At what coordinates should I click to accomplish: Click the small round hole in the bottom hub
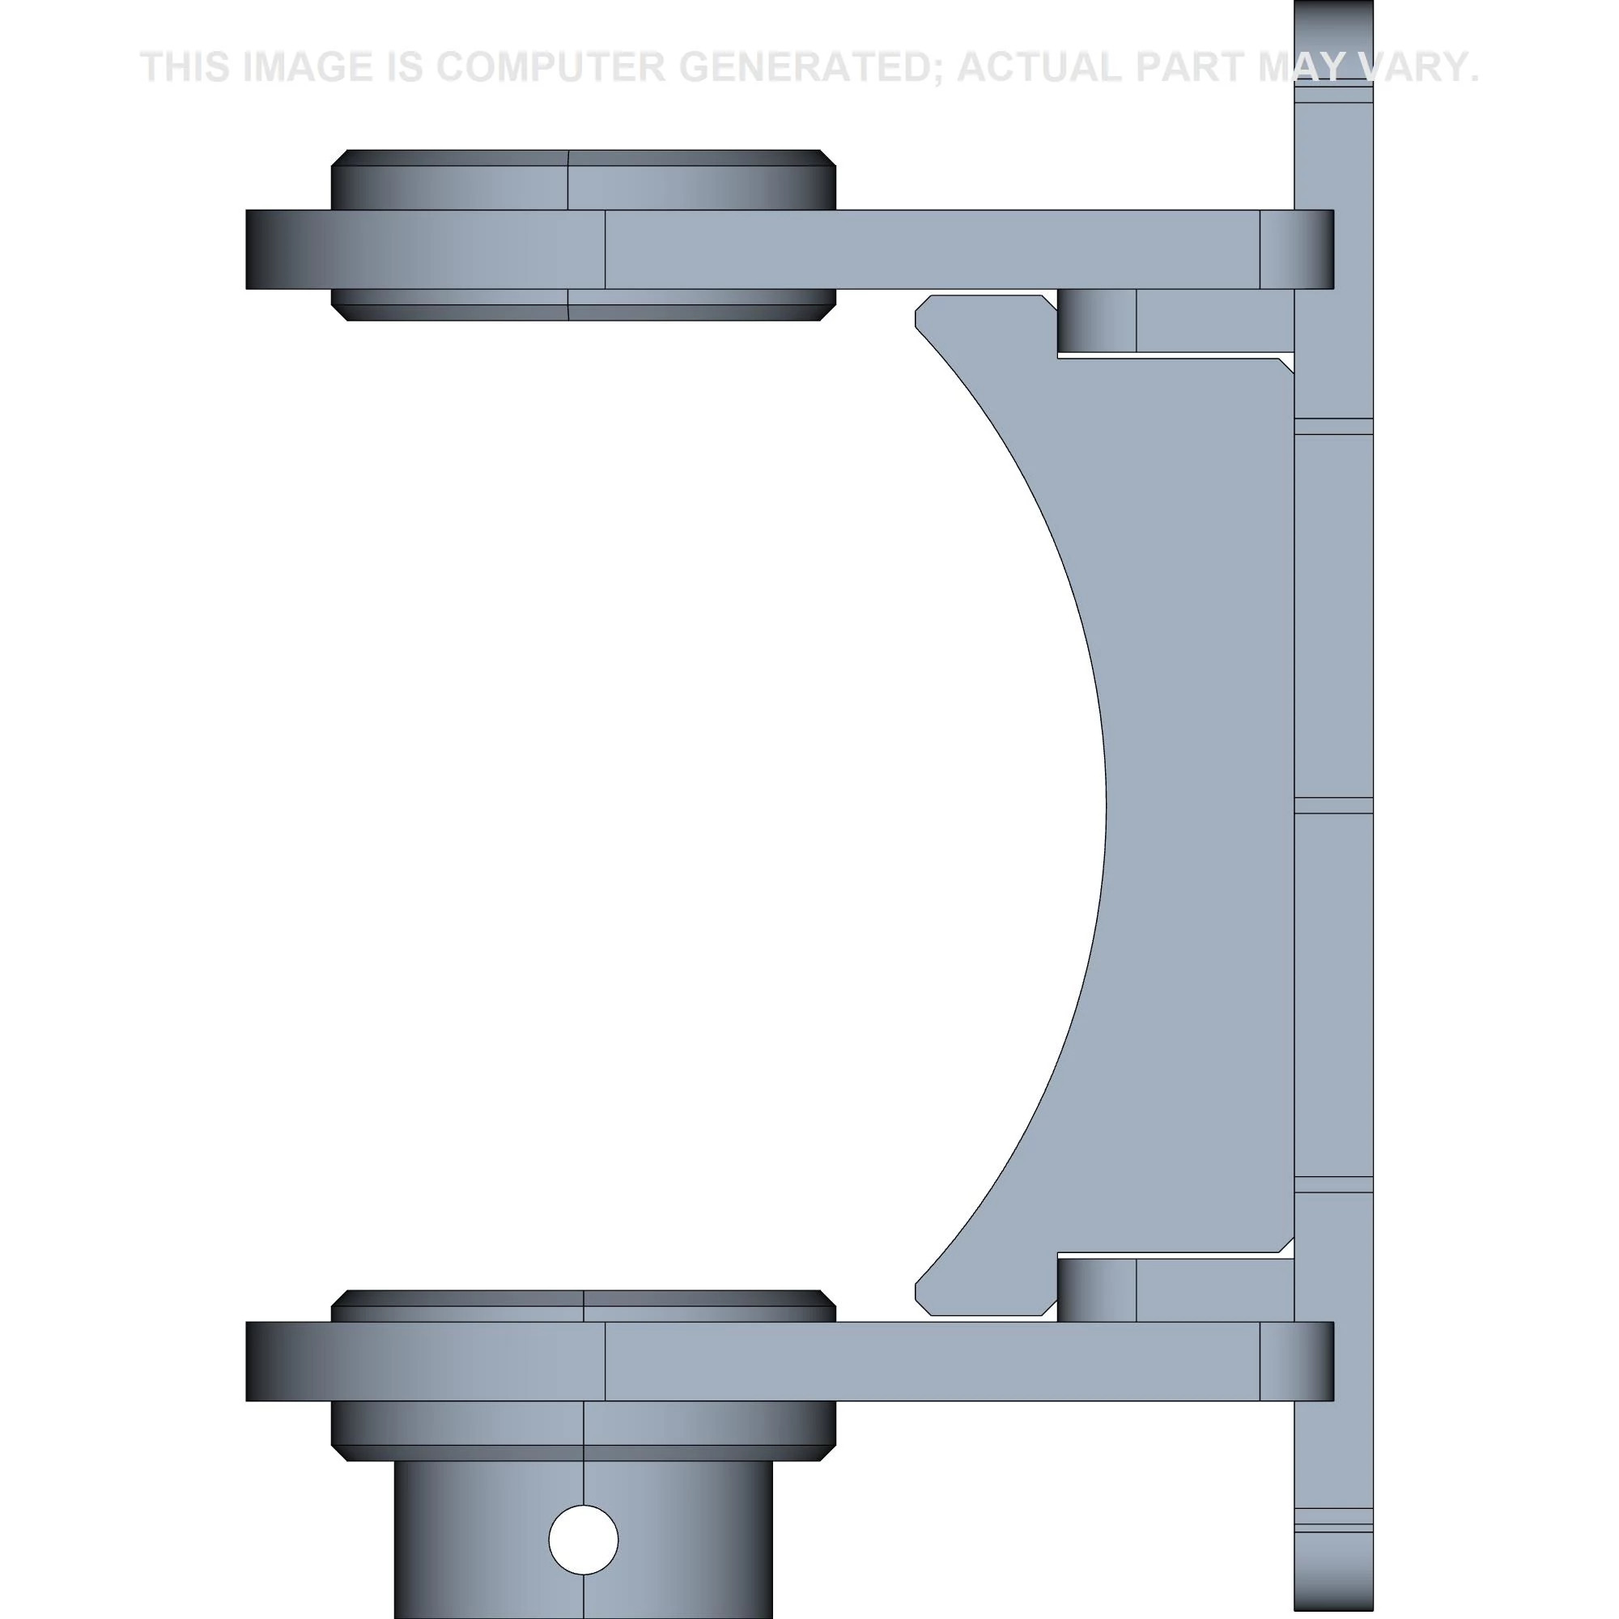point(583,1540)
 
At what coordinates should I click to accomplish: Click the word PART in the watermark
point(1191,67)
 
